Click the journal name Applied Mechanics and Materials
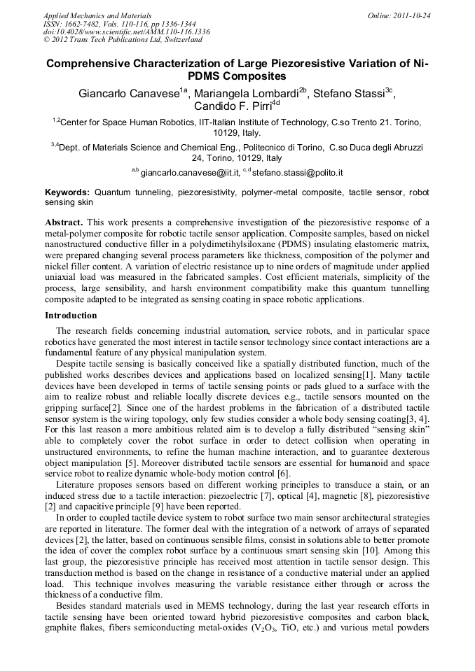click(97, 15)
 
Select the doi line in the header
click(126, 31)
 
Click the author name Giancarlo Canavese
click(130, 92)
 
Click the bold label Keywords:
click(67, 191)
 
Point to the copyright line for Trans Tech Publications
click(116, 40)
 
